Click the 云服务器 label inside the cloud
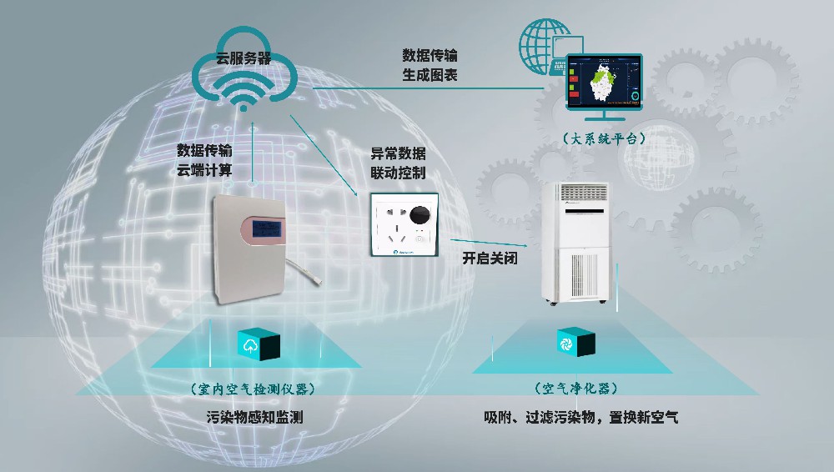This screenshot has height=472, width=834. (x=243, y=59)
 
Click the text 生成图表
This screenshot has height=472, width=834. (x=430, y=76)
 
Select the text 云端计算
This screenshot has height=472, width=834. (x=204, y=170)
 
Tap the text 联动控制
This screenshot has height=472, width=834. (x=398, y=173)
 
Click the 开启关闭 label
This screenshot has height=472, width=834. (x=490, y=258)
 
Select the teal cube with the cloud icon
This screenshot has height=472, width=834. (x=259, y=344)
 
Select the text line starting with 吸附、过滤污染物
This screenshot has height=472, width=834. (x=581, y=416)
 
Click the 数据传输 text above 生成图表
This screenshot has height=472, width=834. (x=430, y=55)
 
